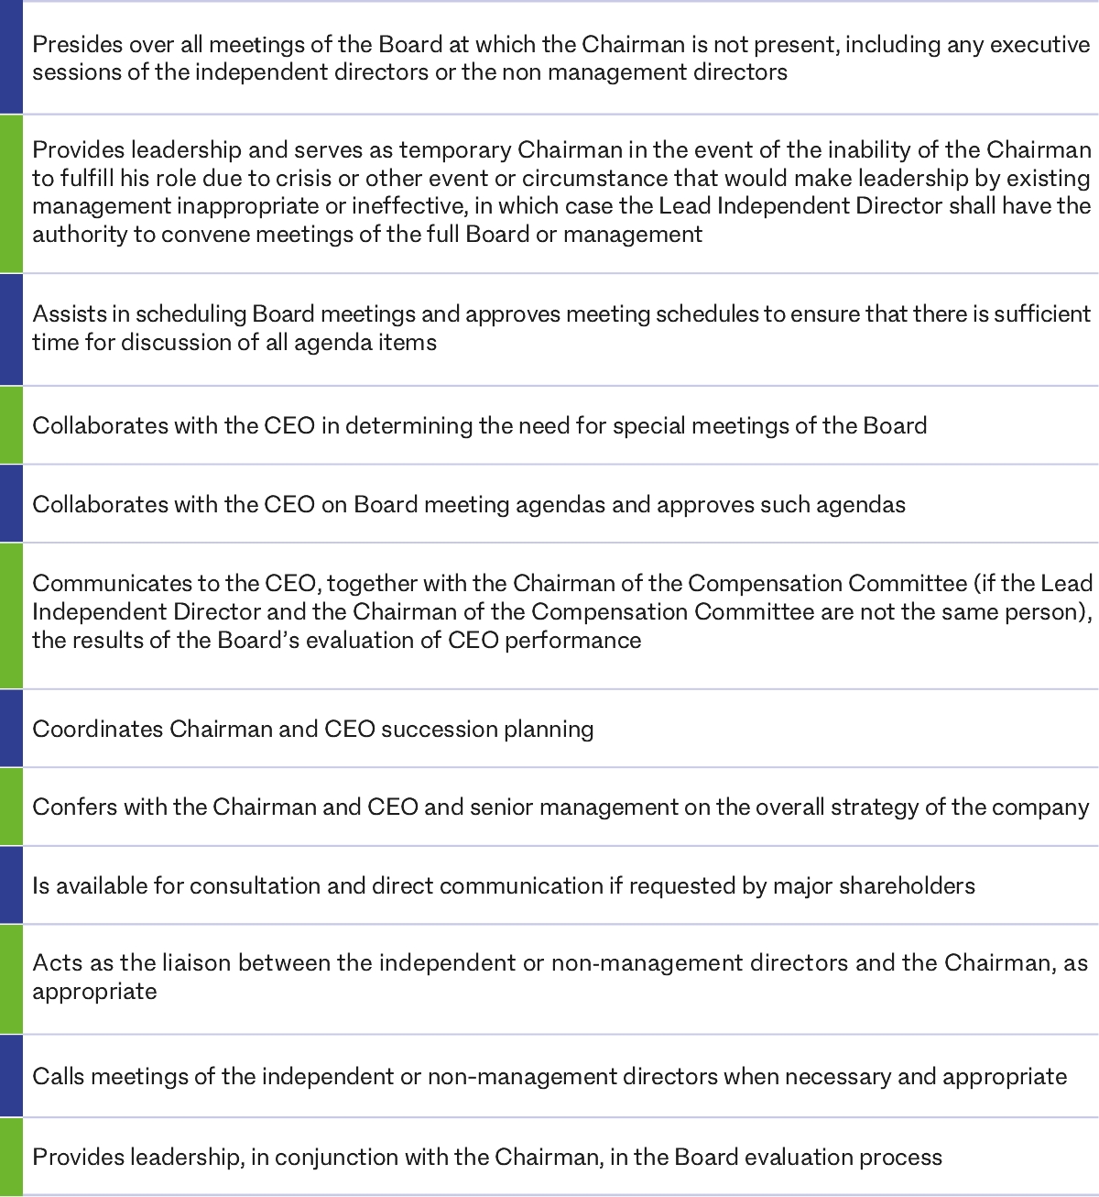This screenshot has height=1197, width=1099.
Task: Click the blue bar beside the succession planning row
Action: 11,729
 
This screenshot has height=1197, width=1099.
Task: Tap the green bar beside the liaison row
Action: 11,979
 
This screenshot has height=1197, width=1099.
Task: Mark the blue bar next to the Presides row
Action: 11,59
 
